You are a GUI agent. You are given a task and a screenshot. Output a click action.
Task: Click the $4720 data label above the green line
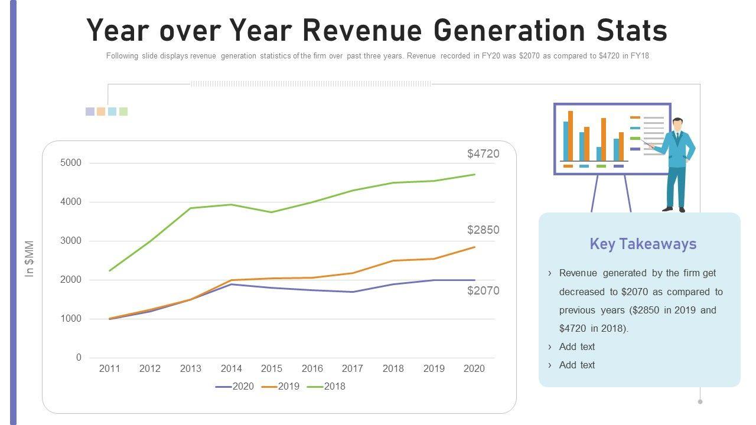(x=483, y=154)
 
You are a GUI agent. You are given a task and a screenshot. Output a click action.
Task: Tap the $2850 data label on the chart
(x=483, y=230)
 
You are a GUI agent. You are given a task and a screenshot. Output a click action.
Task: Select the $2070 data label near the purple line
(x=483, y=291)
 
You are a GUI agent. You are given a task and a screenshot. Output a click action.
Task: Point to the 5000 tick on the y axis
(x=71, y=163)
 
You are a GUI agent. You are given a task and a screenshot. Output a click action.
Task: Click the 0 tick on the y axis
(x=79, y=358)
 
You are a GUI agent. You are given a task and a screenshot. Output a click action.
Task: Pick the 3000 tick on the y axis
(x=71, y=241)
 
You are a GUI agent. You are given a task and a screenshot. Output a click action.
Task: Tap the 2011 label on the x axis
(x=109, y=369)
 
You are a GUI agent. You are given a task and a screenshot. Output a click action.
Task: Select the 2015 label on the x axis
(x=272, y=369)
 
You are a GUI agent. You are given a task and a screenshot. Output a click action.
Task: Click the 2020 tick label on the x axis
(x=474, y=369)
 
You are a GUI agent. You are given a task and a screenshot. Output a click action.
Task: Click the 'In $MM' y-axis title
(x=30, y=259)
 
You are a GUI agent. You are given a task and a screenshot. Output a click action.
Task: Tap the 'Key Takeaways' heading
(x=643, y=244)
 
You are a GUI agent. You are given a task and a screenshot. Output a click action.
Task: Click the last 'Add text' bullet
(x=576, y=365)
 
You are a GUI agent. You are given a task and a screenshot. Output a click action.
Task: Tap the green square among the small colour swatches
(x=123, y=112)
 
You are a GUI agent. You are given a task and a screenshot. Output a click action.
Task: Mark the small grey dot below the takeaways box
(x=700, y=401)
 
